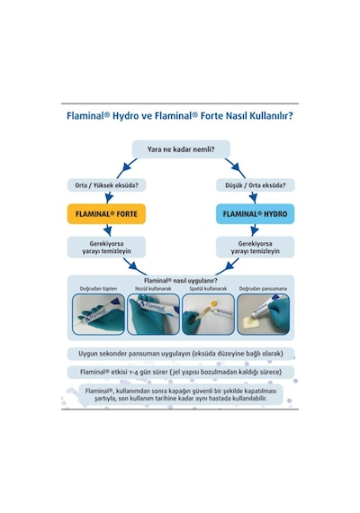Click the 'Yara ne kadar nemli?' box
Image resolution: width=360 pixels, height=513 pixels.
coord(181,149)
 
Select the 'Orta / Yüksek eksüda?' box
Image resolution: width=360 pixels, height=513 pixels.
coord(106,185)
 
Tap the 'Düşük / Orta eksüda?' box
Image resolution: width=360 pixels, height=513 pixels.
coord(256,185)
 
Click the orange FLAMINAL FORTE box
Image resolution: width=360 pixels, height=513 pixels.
coord(106,214)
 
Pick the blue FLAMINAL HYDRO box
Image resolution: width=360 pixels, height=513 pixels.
coord(256,214)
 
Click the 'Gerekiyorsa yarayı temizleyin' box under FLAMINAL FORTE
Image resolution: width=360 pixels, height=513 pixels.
coord(106,247)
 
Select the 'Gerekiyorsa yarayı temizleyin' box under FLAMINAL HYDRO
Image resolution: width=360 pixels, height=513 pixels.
coord(256,247)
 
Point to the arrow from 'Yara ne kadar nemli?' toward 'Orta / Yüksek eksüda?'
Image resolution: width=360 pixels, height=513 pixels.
coord(126,167)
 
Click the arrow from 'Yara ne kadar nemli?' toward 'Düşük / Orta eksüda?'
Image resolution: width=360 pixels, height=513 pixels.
coord(235,167)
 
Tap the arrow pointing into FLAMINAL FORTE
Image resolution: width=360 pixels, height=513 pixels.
coord(109,198)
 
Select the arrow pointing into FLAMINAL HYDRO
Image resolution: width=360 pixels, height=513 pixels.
coord(253,198)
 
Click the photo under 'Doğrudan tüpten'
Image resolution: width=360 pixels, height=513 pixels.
coord(98,314)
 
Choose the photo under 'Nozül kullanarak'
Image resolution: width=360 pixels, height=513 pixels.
coord(153,314)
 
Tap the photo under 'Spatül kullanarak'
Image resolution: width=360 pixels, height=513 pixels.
coord(208,314)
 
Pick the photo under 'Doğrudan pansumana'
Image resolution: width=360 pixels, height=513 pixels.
coord(263,314)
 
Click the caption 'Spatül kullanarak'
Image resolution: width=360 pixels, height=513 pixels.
coord(208,289)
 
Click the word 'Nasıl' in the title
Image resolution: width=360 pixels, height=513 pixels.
coord(231,116)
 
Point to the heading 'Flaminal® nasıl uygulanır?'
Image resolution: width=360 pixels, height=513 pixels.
coord(181,281)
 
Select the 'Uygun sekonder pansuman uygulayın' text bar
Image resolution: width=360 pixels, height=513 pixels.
coord(181,354)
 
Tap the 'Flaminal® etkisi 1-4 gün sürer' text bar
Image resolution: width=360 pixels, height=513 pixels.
coord(181,372)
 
